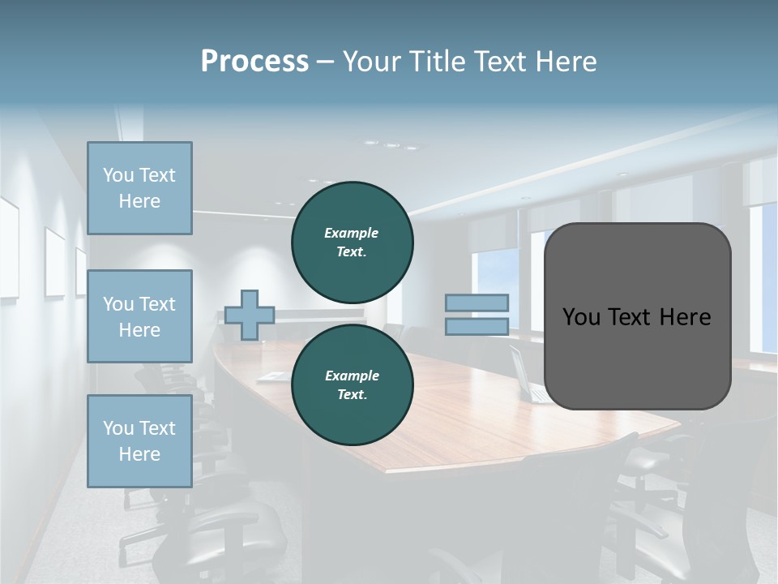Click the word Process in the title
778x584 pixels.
point(254,62)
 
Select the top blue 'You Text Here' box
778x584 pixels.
point(139,188)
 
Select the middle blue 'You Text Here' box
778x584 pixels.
point(139,316)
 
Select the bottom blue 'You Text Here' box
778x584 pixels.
point(139,440)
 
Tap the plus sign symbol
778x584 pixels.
point(250,315)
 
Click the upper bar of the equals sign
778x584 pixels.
point(477,303)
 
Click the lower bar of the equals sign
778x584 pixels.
point(477,327)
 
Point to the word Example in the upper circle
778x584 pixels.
point(352,233)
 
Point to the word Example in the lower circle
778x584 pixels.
point(352,376)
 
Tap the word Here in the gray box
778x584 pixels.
point(686,317)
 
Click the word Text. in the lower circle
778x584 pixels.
point(352,395)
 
